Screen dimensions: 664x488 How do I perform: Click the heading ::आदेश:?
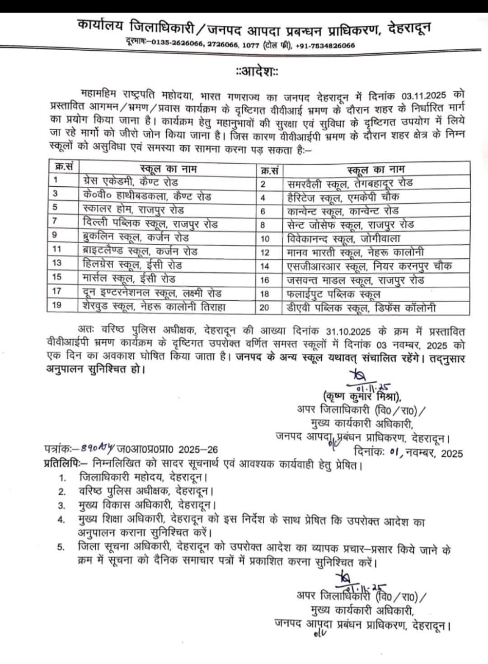pos(257,71)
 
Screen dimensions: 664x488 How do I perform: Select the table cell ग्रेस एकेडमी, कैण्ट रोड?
pos(131,182)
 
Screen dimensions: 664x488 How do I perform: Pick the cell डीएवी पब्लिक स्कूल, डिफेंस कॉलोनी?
pos(361,308)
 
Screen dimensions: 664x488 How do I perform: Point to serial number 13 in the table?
pos(57,264)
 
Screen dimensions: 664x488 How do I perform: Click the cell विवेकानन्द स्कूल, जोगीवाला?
pos(343,238)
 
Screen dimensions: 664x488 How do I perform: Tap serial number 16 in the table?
pos(265,280)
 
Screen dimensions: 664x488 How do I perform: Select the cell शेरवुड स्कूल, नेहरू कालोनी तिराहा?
pos(154,306)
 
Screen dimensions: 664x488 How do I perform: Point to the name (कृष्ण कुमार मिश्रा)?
pos(362,398)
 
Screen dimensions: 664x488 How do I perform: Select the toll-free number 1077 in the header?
pos(251,45)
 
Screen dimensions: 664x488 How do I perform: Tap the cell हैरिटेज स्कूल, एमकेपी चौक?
pos(343,197)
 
